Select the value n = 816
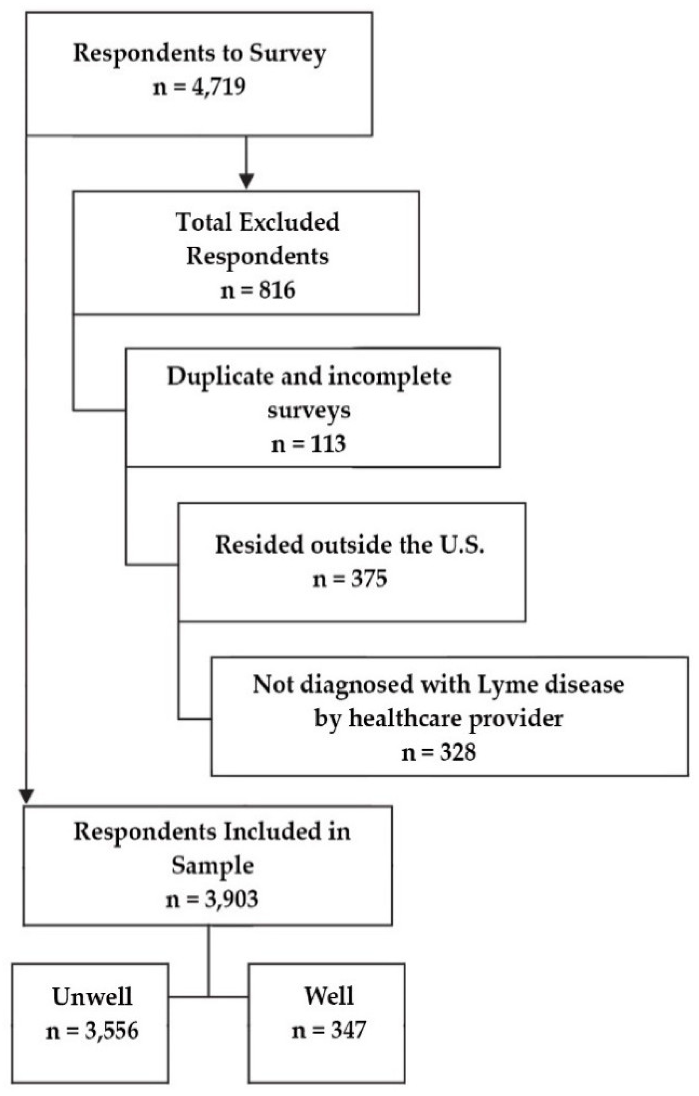258,290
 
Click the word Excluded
289,222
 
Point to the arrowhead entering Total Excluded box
246,181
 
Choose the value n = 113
308,444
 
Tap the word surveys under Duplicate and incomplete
308,410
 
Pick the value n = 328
438,752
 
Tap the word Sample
212,866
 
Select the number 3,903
231,899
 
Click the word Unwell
92,997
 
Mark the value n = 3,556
92,1031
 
